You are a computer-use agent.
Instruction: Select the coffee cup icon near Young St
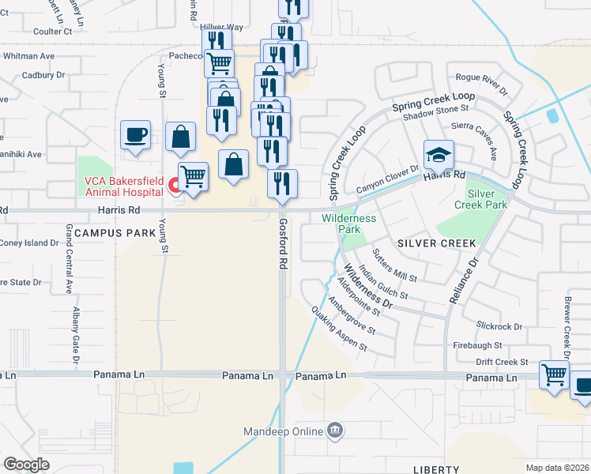pos(135,134)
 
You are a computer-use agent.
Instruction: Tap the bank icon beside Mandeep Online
pos(335,431)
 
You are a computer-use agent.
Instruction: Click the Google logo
pos(27,465)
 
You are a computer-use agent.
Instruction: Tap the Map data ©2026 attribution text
pos(557,467)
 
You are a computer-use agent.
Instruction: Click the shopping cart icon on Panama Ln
pos(554,374)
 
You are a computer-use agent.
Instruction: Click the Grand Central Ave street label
pos(70,259)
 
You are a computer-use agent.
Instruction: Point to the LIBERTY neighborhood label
pos(435,469)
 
